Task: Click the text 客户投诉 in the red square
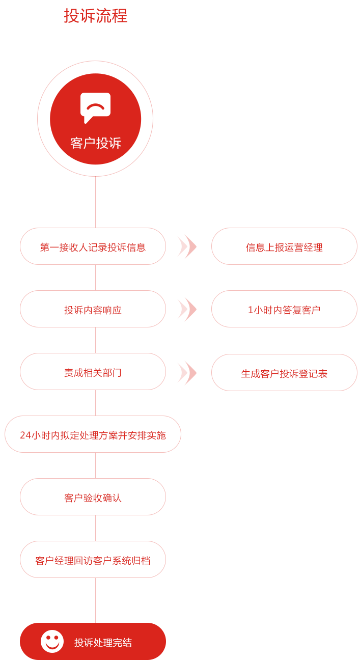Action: coord(96,143)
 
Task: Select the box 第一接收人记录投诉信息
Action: coord(93,247)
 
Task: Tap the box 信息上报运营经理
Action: coord(284,247)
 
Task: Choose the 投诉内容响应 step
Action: coord(93,310)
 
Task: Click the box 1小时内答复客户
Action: coord(284,310)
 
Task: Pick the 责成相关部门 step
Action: coord(93,372)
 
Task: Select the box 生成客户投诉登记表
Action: coord(284,373)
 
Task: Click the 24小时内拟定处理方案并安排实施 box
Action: coord(93,435)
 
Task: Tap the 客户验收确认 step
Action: coord(93,498)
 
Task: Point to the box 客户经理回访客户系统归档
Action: coord(93,560)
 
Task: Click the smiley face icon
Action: coord(52,641)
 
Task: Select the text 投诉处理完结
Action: coord(103,643)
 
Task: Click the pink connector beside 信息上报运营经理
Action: coord(187,247)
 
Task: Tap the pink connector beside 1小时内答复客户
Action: coord(187,310)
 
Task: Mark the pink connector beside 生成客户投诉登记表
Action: coord(187,373)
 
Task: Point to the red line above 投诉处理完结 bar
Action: coord(95,600)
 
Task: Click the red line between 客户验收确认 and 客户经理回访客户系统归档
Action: coord(95,528)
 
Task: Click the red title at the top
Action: coord(96,15)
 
